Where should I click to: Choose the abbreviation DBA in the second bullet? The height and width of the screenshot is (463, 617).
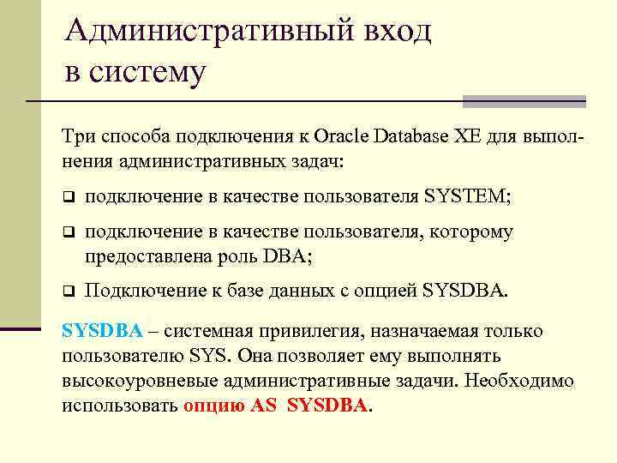285,256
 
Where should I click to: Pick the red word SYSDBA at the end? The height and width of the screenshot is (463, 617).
327,406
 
